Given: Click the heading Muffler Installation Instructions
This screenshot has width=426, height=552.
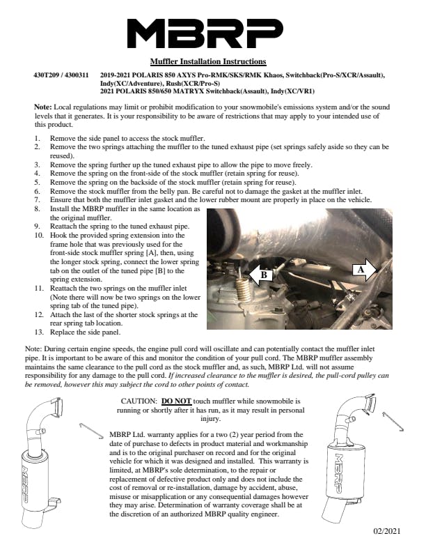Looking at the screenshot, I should [x=208, y=62].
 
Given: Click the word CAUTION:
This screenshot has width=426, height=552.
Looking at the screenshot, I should [x=140, y=402].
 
